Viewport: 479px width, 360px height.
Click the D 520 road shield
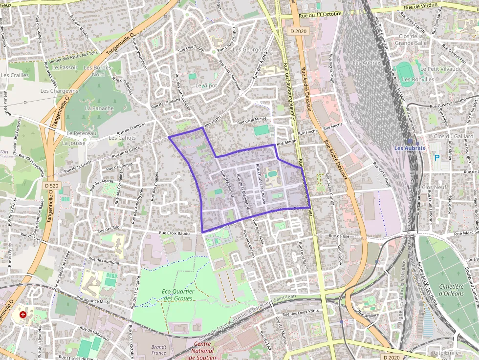[x=51, y=186]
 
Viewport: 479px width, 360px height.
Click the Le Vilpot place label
[x=205, y=85]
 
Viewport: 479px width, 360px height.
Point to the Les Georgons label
[x=250, y=50]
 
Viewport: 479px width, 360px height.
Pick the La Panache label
[x=99, y=108]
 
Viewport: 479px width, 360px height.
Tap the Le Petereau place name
[x=82, y=133]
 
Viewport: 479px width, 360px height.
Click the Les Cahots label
[x=122, y=138]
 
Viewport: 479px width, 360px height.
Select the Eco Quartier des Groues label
[x=178, y=295]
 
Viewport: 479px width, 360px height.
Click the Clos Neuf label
[x=434, y=187]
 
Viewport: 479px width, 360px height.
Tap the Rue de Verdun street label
[x=422, y=7]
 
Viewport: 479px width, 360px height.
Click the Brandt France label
[x=159, y=350]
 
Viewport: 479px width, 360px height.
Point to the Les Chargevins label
[x=59, y=91]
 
